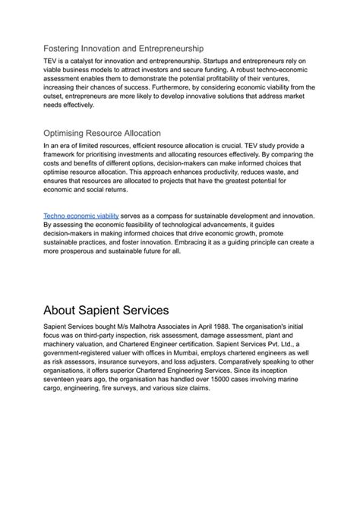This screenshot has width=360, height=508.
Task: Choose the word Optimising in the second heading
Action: click(69, 131)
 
